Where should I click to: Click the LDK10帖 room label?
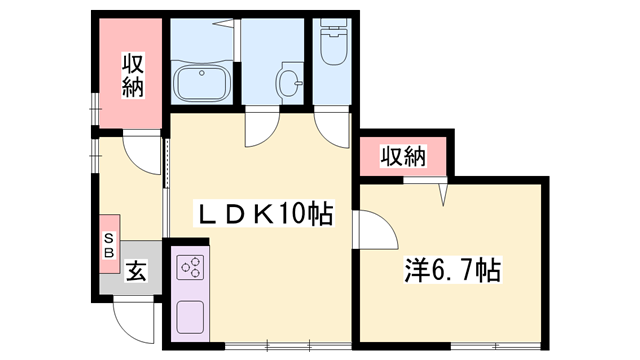pyautogui.click(x=262, y=213)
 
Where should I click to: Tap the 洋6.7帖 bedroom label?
pyautogui.click(x=451, y=270)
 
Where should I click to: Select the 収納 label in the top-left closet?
pyautogui.click(x=133, y=75)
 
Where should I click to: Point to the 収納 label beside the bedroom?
pyautogui.click(x=403, y=157)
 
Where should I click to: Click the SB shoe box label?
pyautogui.click(x=109, y=244)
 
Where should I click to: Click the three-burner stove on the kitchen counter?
pyautogui.click(x=190, y=268)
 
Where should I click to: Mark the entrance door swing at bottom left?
pyautogui.click(x=131, y=320)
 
